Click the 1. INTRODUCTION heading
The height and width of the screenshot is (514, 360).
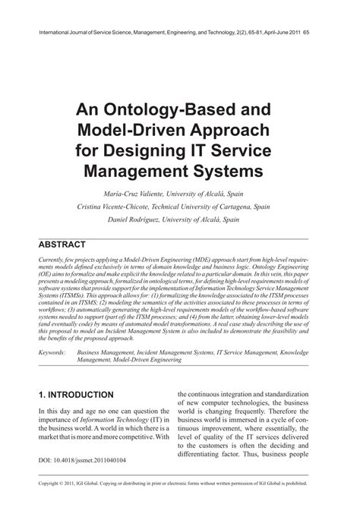point(76,395)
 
